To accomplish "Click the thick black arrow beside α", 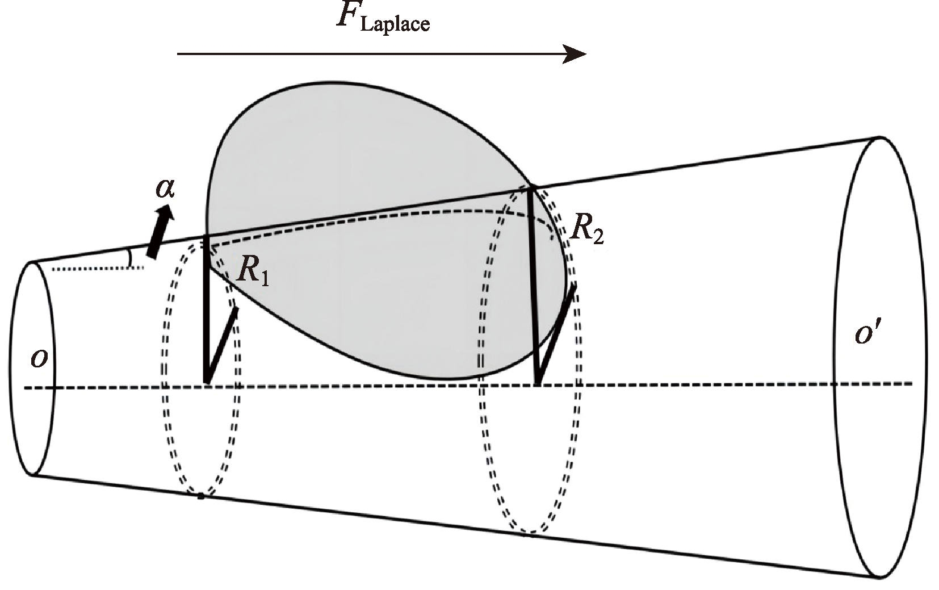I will click(x=159, y=232).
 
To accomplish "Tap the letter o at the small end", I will click(x=39, y=359).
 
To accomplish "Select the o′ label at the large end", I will click(x=867, y=334).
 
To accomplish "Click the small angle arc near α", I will click(x=131, y=257).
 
